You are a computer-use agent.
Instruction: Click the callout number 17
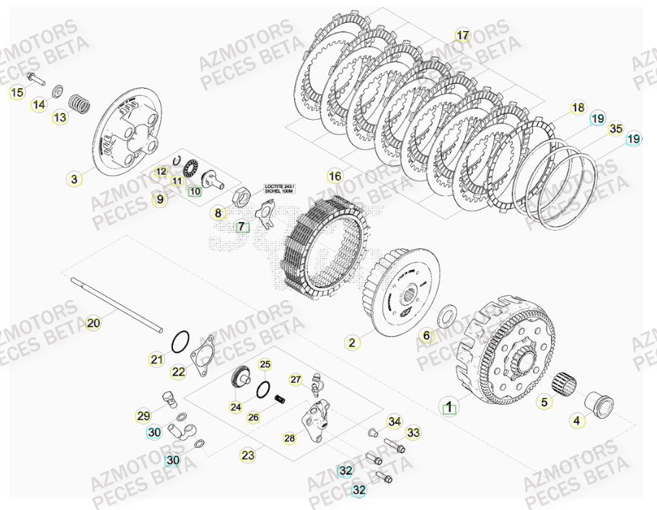[462, 35]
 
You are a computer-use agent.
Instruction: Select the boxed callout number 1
[449, 408]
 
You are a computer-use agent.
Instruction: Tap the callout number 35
[614, 129]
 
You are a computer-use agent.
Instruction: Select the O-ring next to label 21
[181, 338]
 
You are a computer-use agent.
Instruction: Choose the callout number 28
[290, 438]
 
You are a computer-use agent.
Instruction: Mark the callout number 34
[394, 421]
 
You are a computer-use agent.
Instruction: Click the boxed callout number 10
[194, 191]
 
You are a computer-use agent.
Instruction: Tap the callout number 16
[335, 176]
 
